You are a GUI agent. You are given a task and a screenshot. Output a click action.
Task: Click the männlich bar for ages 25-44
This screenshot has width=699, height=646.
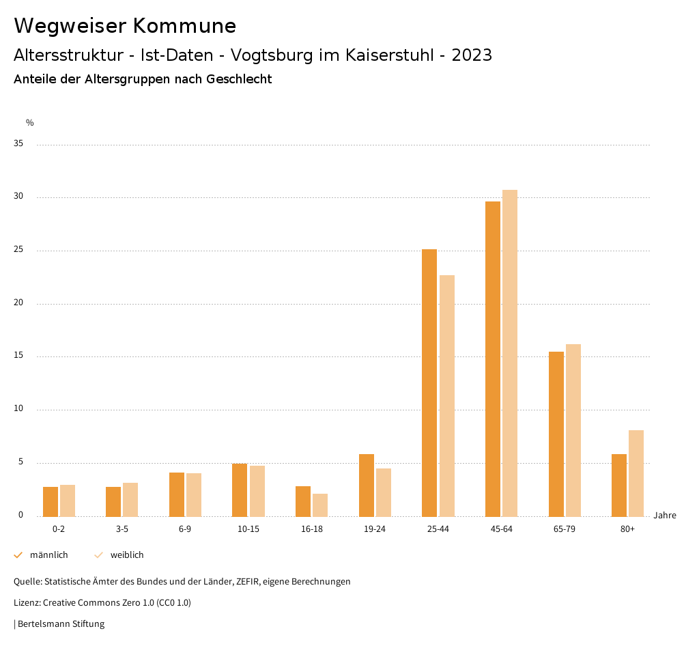[x=429, y=382]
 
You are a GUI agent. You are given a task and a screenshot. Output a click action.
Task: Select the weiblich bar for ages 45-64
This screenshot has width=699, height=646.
[x=510, y=353]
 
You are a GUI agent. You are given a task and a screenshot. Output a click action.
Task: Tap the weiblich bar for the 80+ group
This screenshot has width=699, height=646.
[x=636, y=473]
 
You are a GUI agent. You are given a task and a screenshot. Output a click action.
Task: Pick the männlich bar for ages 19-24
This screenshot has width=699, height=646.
[x=367, y=485]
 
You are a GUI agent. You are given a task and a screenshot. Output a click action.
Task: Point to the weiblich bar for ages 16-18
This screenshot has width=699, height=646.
[x=320, y=505]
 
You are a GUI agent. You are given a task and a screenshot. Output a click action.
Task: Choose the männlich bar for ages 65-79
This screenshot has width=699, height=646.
[x=556, y=434]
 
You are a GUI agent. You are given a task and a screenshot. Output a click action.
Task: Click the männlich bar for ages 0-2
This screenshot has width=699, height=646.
[x=51, y=501]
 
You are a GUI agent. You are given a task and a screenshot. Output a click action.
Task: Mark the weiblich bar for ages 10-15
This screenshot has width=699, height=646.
[x=257, y=491]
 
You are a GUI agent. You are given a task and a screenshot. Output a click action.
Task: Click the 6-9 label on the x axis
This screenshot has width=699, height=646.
[x=185, y=529]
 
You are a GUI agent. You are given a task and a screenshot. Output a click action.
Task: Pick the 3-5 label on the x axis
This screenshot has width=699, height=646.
[x=122, y=529]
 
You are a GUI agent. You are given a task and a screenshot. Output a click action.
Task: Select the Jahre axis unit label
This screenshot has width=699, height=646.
[x=664, y=516]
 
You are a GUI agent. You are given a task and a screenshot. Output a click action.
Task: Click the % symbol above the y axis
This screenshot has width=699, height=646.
[x=29, y=123]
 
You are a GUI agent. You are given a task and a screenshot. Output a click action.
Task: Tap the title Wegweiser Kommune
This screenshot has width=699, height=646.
[x=125, y=26]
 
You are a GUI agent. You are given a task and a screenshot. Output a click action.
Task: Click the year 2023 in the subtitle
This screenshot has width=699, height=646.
[x=471, y=55]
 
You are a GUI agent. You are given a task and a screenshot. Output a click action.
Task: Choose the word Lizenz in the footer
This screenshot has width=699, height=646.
[x=27, y=603]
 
